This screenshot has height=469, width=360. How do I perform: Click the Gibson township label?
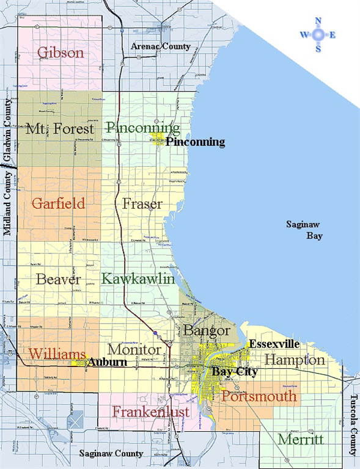[x=60, y=53]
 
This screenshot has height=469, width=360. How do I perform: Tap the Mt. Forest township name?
[x=60, y=129]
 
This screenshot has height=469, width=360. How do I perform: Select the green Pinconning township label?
[x=142, y=128]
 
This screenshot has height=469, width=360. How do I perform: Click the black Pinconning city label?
[x=195, y=142]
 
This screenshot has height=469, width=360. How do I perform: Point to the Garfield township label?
[x=59, y=203]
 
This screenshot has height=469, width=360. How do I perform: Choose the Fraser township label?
[x=142, y=203]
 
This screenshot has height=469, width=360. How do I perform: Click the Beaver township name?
[x=59, y=280]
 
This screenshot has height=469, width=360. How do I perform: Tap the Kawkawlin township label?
[x=138, y=278]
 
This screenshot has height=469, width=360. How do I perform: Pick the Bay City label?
[x=235, y=371]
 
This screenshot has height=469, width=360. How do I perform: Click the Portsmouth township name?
[x=259, y=396]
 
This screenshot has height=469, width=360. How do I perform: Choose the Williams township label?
[x=56, y=354]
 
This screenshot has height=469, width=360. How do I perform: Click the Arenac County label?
[x=161, y=46]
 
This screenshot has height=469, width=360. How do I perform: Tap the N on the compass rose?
[x=318, y=21]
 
